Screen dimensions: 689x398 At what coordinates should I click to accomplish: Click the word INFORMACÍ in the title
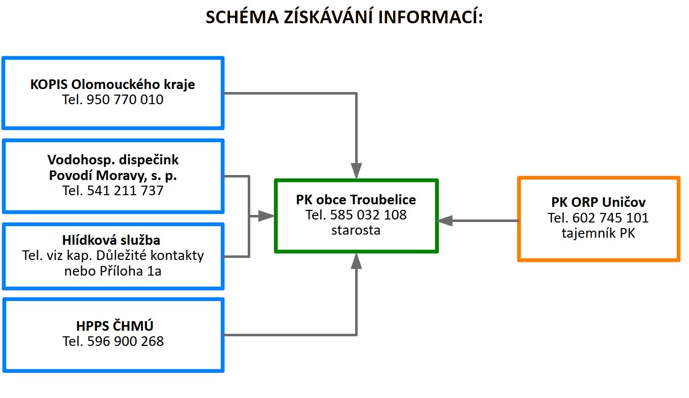(x=430, y=17)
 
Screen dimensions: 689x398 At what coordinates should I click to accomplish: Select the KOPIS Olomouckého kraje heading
(x=112, y=84)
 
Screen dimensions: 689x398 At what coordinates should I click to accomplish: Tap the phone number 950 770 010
(x=125, y=100)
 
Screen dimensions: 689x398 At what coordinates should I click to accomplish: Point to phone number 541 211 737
(x=125, y=190)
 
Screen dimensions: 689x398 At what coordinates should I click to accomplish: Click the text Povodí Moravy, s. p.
(x=113, y=175)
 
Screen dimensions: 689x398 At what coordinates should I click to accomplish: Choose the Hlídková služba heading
(x=111, y=240)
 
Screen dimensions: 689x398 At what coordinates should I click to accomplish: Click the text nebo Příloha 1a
(x=113, y=271)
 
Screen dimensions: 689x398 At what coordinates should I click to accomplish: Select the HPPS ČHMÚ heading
(x=114, y=326)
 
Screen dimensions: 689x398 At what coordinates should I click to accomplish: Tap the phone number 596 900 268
(x=126, y=341)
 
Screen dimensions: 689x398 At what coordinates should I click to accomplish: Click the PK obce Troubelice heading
(x=356, y=200)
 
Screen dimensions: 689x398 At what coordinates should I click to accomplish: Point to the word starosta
(x=356, y=230)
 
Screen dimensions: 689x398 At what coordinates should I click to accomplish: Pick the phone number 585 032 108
(x=368, y=214)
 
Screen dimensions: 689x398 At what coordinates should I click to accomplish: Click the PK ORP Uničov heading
(x=598, y=202)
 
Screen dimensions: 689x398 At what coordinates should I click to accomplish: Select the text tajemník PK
(x=598, y=233)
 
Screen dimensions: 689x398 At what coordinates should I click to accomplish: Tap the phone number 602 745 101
(x=610, y=218)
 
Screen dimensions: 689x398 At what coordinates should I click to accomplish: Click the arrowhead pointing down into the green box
(x=356, y=171)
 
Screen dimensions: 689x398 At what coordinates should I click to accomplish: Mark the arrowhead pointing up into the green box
(x=356, y=261)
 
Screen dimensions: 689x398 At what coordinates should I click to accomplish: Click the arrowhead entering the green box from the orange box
(x=444, y=220)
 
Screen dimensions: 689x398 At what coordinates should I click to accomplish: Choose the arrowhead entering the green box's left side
(x=266, y=216)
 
